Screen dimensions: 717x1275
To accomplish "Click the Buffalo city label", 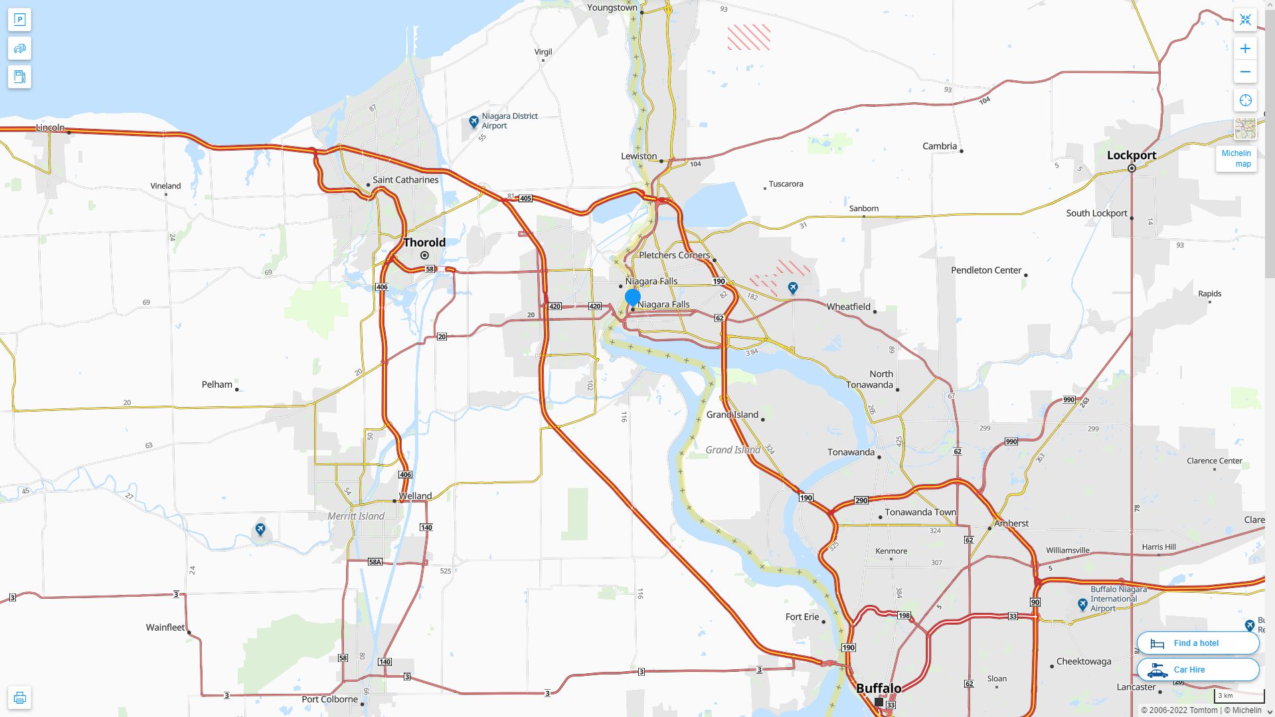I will click(x=879, y=688).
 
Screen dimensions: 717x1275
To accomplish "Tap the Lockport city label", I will click(x=1131, y=155).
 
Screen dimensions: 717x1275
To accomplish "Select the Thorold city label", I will click(x=424, y=242).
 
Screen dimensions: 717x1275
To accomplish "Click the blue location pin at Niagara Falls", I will click(x=633, y=297).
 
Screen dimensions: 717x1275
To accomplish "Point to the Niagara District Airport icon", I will click(x=473, y=121).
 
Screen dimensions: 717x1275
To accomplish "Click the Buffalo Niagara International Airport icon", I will click(x=1083, y=604).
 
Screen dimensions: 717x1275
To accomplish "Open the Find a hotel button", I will click(x=1197, y=643).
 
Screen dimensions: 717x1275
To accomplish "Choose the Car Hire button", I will click(x=1197, y=669).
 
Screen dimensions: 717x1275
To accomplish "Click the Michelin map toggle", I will click(x=1236, y=159).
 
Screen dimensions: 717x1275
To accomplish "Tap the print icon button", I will click(x=19, y=697).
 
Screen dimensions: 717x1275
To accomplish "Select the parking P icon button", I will click(x=19, y=20).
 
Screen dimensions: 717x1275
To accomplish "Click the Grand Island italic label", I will click(x=732, y=449).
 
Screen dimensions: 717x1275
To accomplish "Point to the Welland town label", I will click(x=415, y=496).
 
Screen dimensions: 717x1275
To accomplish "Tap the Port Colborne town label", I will click(x=329, y=699).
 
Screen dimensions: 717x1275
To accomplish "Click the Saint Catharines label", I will click(x=405, y=180).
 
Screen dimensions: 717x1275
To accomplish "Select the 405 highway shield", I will click(x=525, y=199).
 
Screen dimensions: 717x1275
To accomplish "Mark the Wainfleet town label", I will click(x=165, y=627).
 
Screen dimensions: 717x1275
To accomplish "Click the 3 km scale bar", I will click(x=1238, y=696).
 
